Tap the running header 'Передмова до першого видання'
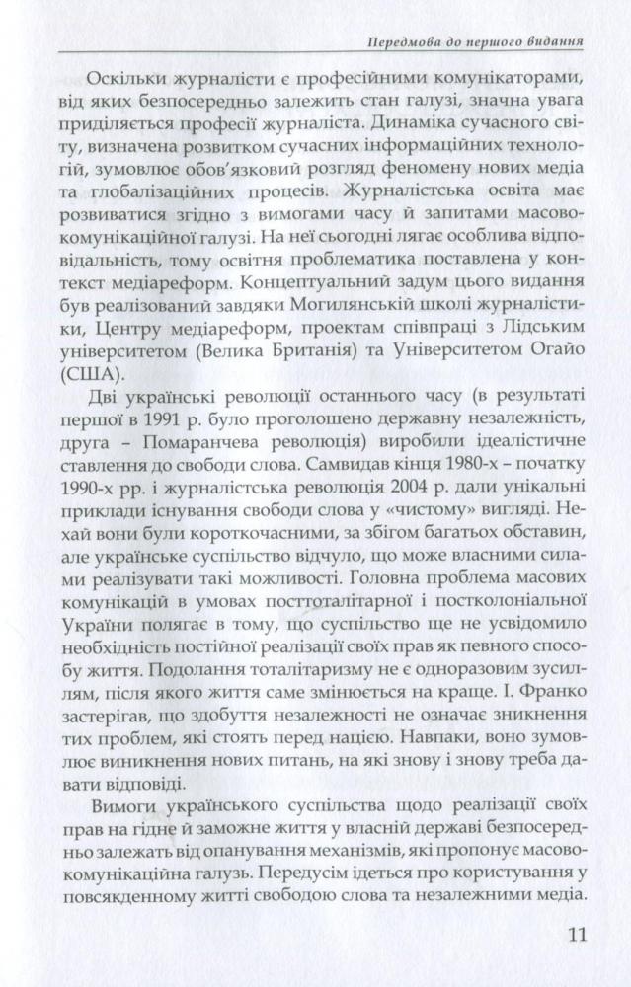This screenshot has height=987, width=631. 469,43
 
